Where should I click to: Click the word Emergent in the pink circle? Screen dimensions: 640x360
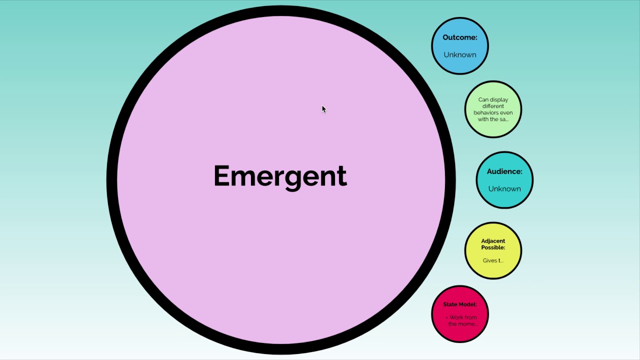tap(280, 176)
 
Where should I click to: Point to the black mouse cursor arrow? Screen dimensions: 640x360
tap(323, 109)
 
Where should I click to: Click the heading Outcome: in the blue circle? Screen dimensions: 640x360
tap(460, 37)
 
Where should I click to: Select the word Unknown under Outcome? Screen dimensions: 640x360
tap(460, 55)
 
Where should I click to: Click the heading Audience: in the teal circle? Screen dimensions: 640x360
tap(504, 171)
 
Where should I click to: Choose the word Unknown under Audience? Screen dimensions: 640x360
tap(504, 189)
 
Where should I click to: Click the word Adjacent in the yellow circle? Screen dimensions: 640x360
tap(493, 241)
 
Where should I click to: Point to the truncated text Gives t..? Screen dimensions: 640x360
tap(493, 260)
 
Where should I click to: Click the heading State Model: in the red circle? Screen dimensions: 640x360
tap(460, 304)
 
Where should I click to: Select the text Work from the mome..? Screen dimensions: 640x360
tap(462, 320)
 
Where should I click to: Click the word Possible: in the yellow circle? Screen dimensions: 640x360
tap(493, 247)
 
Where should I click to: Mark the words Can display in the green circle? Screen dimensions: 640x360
tap(493, 99)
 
